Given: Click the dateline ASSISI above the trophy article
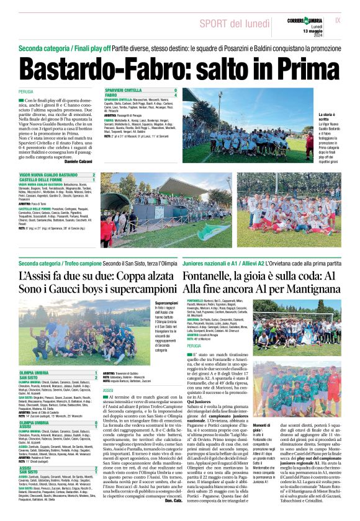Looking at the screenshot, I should point(108,390).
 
